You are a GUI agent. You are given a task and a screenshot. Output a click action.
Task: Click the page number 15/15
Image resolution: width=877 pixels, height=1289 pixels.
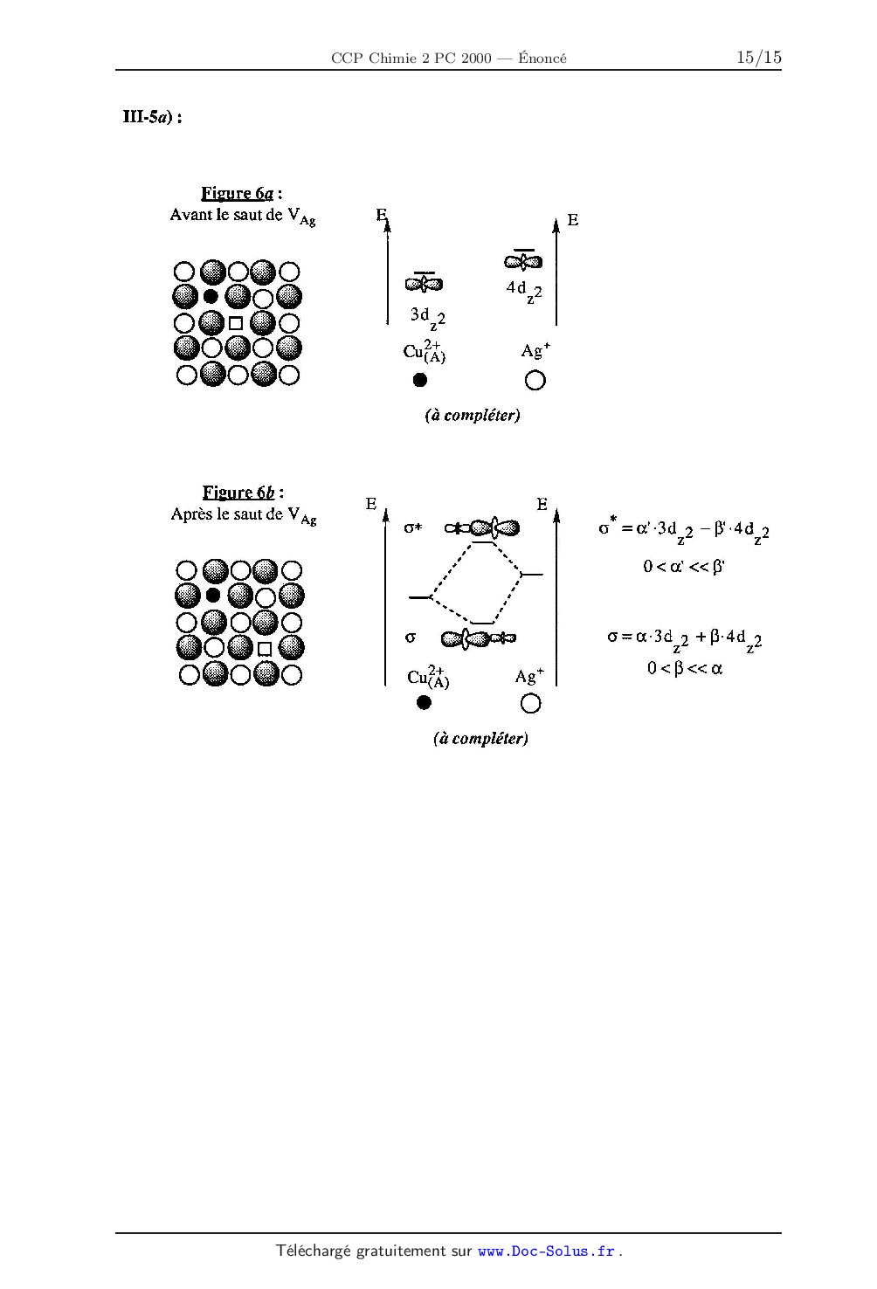pyautogui.click(x=758, y=57)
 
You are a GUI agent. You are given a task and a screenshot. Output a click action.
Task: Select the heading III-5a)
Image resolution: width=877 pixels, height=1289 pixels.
pyautogui.click(x=153, y=117)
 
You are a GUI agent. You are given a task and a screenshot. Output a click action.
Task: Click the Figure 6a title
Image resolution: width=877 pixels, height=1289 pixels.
pyautogui.click(x=242, y=193)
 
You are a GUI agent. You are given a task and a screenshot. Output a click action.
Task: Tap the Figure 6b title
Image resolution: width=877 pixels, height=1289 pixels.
pyautogui.click(x=243, y=493)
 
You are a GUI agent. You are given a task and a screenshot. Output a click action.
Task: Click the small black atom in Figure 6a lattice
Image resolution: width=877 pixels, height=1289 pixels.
pyautogui.click(x=211, y=296)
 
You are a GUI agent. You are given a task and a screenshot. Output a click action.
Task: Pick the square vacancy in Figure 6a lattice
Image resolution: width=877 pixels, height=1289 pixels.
pyautogui.click(x=235, y=323)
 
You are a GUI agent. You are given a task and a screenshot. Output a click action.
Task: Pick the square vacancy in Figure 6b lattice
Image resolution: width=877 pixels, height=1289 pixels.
pyautogui.click(x=264, y=649)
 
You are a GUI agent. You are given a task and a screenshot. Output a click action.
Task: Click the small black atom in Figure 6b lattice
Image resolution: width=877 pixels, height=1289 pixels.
pyautogui.click(x=213, y=595)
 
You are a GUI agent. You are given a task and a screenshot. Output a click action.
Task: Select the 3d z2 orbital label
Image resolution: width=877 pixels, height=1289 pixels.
pyautogui.click(x=427, y=318)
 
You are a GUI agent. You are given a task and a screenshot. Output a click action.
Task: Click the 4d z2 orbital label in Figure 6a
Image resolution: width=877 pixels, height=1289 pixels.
pyautogui.click(x=524, y=291)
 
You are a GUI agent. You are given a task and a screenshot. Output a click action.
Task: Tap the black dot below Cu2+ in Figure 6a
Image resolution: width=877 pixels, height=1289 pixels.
pyautogui.click(x=420, y=380)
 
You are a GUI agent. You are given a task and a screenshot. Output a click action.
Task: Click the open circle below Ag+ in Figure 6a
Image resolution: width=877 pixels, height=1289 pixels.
pyautogui.click(x=535, y=381)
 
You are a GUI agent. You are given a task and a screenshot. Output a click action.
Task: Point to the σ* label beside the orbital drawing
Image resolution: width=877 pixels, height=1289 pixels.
pyautogui.click(x=412, y=527)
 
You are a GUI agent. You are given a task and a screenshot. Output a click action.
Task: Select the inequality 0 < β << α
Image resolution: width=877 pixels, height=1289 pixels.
pyautogui.click(x=684, y=668)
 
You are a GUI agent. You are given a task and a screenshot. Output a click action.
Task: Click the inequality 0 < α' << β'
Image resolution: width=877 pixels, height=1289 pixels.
pyautogui.click(x=684, y=566)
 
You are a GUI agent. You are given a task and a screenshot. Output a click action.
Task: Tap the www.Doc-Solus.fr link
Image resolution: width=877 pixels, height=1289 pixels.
pyautogui.click(x=546, y=1251)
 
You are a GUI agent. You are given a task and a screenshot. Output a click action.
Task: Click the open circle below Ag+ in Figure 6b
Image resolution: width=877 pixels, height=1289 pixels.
pyautogui.click(x=530, y=703)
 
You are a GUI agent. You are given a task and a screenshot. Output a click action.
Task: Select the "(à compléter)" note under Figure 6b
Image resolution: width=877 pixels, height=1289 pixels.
pyautogui.click(x=480, y=738)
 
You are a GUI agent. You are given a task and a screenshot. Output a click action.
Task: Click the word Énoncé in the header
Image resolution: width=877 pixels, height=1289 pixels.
pyautogui.click(x=542, y=58)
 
